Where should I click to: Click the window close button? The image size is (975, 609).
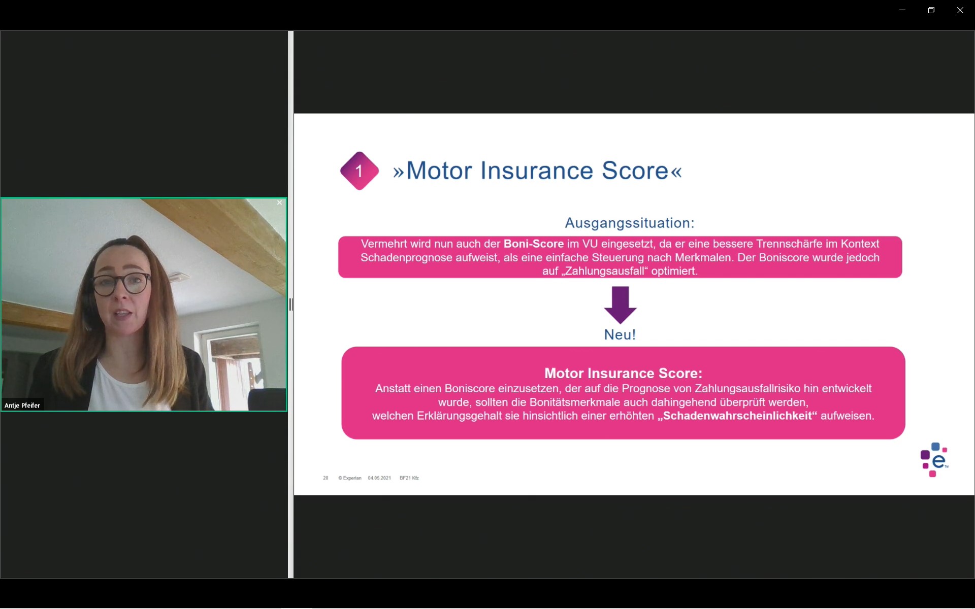coord(960,10)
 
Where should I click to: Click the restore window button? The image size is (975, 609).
coord(931,10)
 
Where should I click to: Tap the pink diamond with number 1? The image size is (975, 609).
coord(360,171)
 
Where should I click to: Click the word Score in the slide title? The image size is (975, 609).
coord(635,171)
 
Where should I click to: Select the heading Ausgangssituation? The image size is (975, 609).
coord(630,223)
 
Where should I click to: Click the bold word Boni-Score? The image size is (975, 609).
coord(534,244)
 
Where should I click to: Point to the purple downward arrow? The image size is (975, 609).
coord(620,305)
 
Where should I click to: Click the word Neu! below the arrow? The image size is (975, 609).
coord(620,334)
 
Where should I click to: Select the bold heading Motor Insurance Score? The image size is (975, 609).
coord(623,373)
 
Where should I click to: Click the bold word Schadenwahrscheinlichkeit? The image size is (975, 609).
coord(737,416)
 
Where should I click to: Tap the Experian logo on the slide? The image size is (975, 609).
coord(934,460)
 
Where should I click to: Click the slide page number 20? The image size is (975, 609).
coord(326,478)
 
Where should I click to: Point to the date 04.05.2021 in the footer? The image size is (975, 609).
coord(379,478)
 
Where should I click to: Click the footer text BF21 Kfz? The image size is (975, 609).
coord(409,478)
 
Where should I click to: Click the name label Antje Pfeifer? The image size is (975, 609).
coord(22,405)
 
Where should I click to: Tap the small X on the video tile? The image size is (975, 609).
coord(279,203)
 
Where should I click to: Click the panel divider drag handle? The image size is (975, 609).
coord(290,304)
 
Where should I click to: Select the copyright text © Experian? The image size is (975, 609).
coord(350,478)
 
